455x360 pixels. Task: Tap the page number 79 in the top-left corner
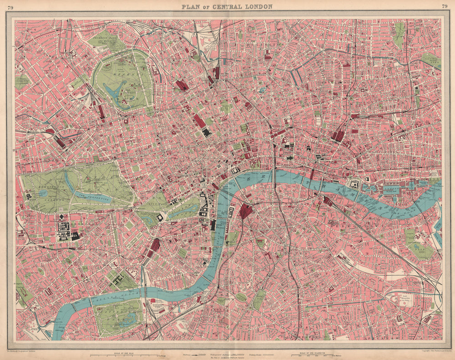point(10,6)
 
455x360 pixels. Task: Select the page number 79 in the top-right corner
point(444,6)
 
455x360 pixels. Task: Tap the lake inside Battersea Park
point(123,321)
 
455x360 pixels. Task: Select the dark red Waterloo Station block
point(246,211)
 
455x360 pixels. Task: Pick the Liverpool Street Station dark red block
point(338,135)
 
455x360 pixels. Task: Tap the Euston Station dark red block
point(182,85)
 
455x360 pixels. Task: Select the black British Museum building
point(207,132)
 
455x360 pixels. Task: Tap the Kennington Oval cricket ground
point(241,297)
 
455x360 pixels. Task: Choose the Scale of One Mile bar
point(123,354)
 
